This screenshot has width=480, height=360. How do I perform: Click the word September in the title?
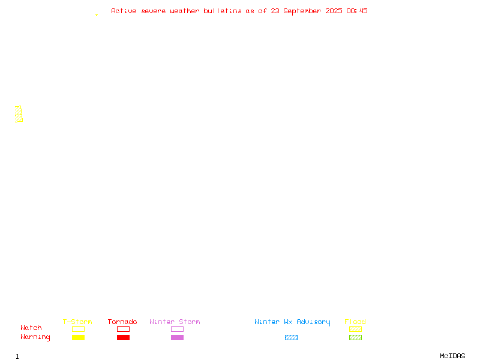(302, 11)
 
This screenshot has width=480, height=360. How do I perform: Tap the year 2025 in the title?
(334, 11)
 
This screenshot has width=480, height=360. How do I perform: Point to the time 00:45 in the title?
(357, 11)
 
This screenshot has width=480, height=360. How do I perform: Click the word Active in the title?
(124, 11)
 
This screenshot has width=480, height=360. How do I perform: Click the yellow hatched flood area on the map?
(19, 114)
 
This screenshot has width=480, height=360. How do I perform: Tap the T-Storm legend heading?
(77, 322)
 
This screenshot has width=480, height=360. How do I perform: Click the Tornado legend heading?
(122, 322)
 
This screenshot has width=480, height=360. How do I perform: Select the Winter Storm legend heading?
(175, 322)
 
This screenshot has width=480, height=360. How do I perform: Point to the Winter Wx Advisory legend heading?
(292, 322)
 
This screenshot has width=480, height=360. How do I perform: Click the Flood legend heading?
(355, 322)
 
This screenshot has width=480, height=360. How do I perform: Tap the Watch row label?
(31, 328)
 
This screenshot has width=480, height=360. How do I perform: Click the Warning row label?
(35, 337)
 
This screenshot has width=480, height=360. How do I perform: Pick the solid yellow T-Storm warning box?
(79, 337)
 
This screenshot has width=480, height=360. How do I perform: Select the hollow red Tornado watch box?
(124, 329)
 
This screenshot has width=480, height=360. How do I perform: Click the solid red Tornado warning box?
(124, 337)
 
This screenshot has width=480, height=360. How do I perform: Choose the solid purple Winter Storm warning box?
(177, 337)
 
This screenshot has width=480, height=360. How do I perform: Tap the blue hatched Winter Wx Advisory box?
(291, 337)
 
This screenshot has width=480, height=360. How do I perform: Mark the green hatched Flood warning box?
(355, 337)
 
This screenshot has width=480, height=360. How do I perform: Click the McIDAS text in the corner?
(452, 356)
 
